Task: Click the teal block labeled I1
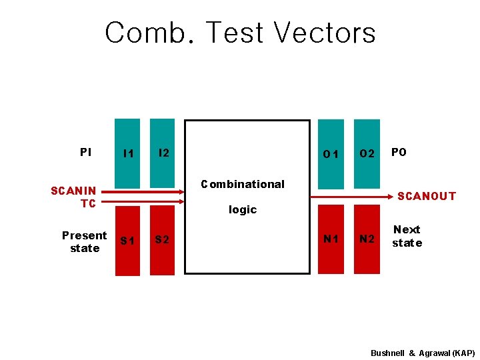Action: pos(128,153)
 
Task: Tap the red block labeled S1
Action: pos(128,241)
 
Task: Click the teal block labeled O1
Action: pos(331,154)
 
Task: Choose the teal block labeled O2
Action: pos(367,154)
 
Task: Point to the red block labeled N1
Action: pos(331,239)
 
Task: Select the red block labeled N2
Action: pos(367,239)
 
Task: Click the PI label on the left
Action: pos(85,153)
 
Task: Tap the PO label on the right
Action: pos(399,153)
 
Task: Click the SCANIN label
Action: pos(73,191)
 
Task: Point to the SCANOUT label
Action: pos(427,196)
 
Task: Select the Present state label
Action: pos(84,241)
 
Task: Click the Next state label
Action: pos(407,236)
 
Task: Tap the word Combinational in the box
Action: pos(243,184)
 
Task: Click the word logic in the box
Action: pos(243,209)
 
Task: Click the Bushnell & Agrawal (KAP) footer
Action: pos(423,352)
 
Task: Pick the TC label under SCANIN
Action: pos(88,203)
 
